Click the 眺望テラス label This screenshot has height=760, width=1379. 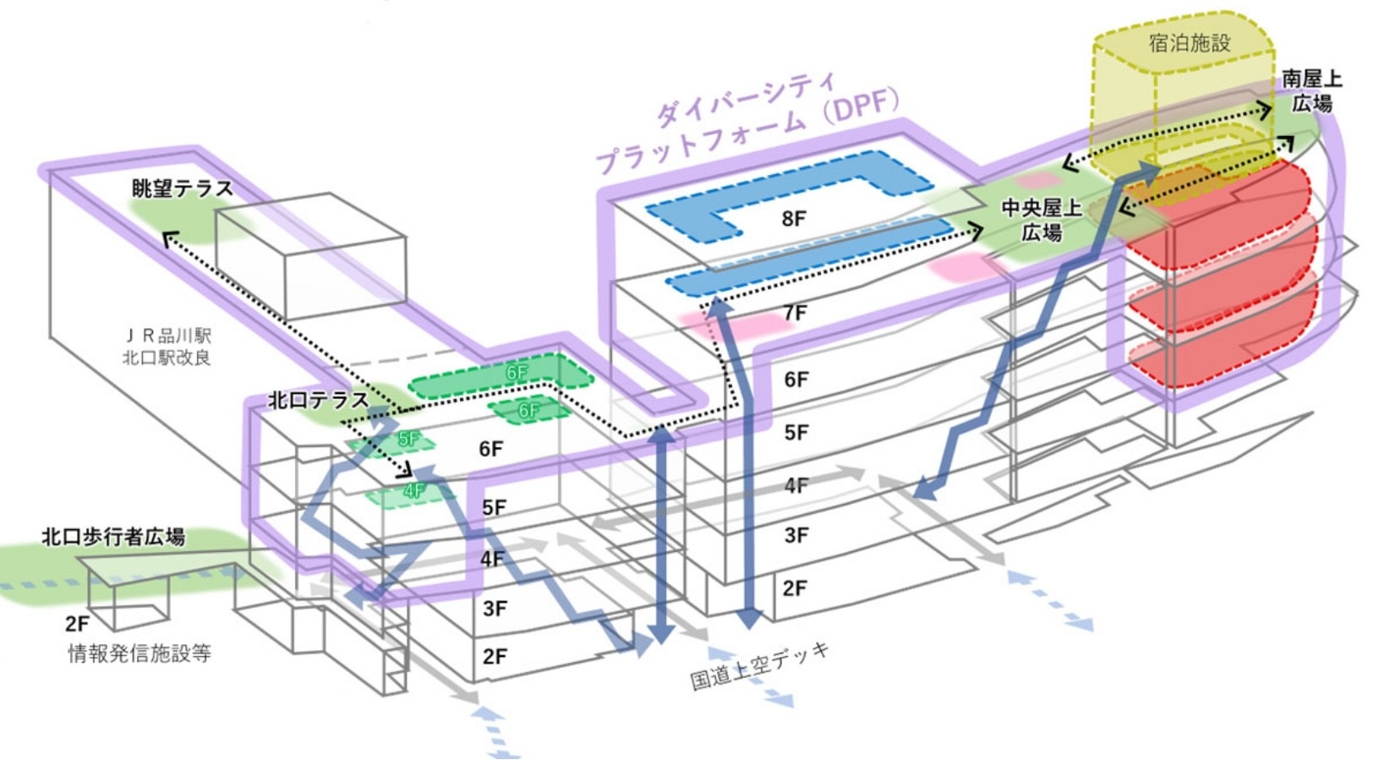183,189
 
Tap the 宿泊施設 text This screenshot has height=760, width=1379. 1190,43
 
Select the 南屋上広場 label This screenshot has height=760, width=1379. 1312,91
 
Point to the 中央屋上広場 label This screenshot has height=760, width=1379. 1041,221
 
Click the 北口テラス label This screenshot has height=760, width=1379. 318,401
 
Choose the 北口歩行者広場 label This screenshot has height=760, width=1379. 113,537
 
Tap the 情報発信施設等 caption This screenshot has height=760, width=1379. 140,653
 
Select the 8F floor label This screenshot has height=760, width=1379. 794,218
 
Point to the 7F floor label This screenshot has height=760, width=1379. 795,313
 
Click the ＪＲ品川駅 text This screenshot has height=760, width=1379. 167,336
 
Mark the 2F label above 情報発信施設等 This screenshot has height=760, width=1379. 78,624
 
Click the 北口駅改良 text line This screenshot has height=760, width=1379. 167,358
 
